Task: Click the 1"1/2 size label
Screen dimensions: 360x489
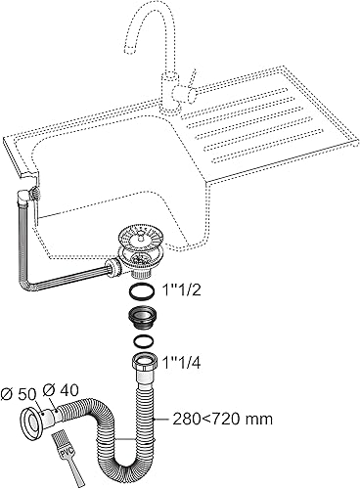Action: [181, 290]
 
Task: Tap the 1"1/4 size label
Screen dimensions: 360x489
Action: [181, 363]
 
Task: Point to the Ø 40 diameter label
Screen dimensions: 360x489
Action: [61, 390]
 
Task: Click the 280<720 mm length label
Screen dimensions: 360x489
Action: [223, 419]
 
